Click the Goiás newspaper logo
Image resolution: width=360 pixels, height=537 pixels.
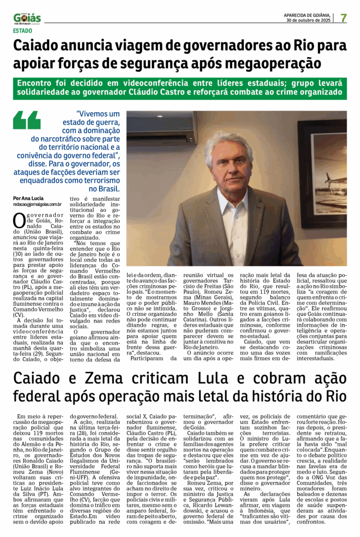[27, 18]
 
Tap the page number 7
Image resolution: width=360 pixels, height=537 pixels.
[343, 17]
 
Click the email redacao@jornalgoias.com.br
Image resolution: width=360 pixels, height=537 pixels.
[38, 204]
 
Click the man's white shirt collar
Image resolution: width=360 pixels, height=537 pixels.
[233, 202]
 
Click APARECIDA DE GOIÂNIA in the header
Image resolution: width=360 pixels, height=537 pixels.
[307, 15]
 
